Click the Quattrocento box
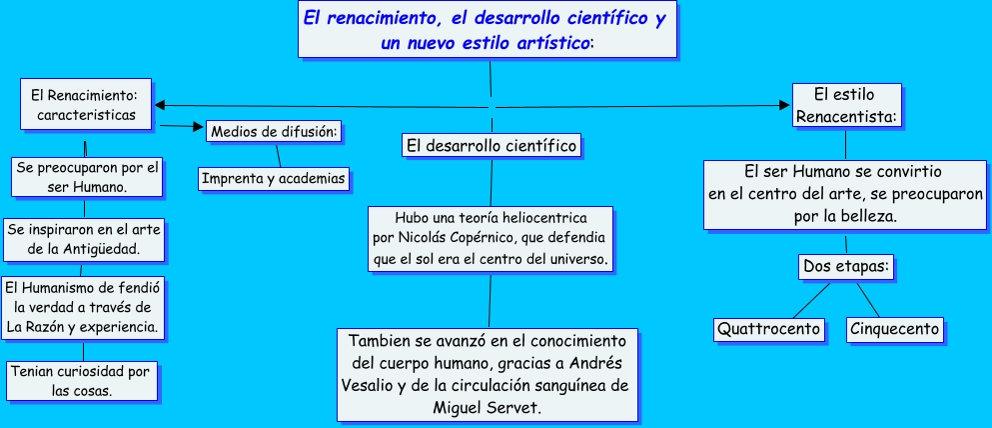769,329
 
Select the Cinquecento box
894,329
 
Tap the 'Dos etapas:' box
846,267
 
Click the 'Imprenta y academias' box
274,179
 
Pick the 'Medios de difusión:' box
275,132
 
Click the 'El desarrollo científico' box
492,146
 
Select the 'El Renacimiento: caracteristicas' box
86,104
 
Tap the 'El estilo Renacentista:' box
846,106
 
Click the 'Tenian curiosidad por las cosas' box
82,381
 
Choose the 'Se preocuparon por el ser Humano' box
87,177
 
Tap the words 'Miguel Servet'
487,407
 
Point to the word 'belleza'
873,217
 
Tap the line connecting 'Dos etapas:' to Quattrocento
811,300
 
